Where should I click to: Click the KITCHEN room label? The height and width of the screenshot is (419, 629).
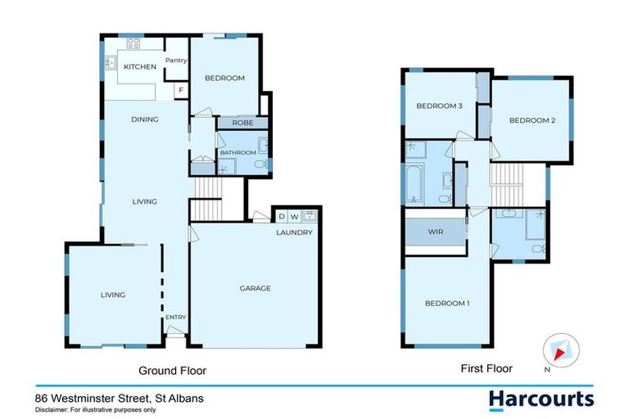point(140,66)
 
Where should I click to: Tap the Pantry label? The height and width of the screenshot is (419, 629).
point(176,60)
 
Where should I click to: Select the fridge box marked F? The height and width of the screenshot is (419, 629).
point(180,89)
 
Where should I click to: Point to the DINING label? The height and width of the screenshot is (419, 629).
point(144,119)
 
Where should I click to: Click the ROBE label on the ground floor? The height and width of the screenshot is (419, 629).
point(242,123)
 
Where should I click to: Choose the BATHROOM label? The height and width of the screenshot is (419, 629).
point(236,151)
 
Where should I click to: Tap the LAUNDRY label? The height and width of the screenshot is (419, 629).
point(294,232)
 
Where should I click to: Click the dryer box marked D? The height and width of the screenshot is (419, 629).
point(282,216)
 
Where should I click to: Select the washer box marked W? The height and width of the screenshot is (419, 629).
point(294,216)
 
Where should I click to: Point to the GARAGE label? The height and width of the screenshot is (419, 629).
point(255,288)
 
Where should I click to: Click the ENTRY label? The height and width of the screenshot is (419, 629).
point(176,318)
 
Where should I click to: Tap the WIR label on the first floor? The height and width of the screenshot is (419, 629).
point(435,232)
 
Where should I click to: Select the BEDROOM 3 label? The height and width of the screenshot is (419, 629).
point(440,106)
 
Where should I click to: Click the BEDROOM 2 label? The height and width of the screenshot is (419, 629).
point(532,120)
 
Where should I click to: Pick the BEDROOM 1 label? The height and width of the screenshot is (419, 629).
point(447,304)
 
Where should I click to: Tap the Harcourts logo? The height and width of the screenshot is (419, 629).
point(541,399)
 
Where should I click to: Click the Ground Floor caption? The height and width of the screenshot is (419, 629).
point(172,371)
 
